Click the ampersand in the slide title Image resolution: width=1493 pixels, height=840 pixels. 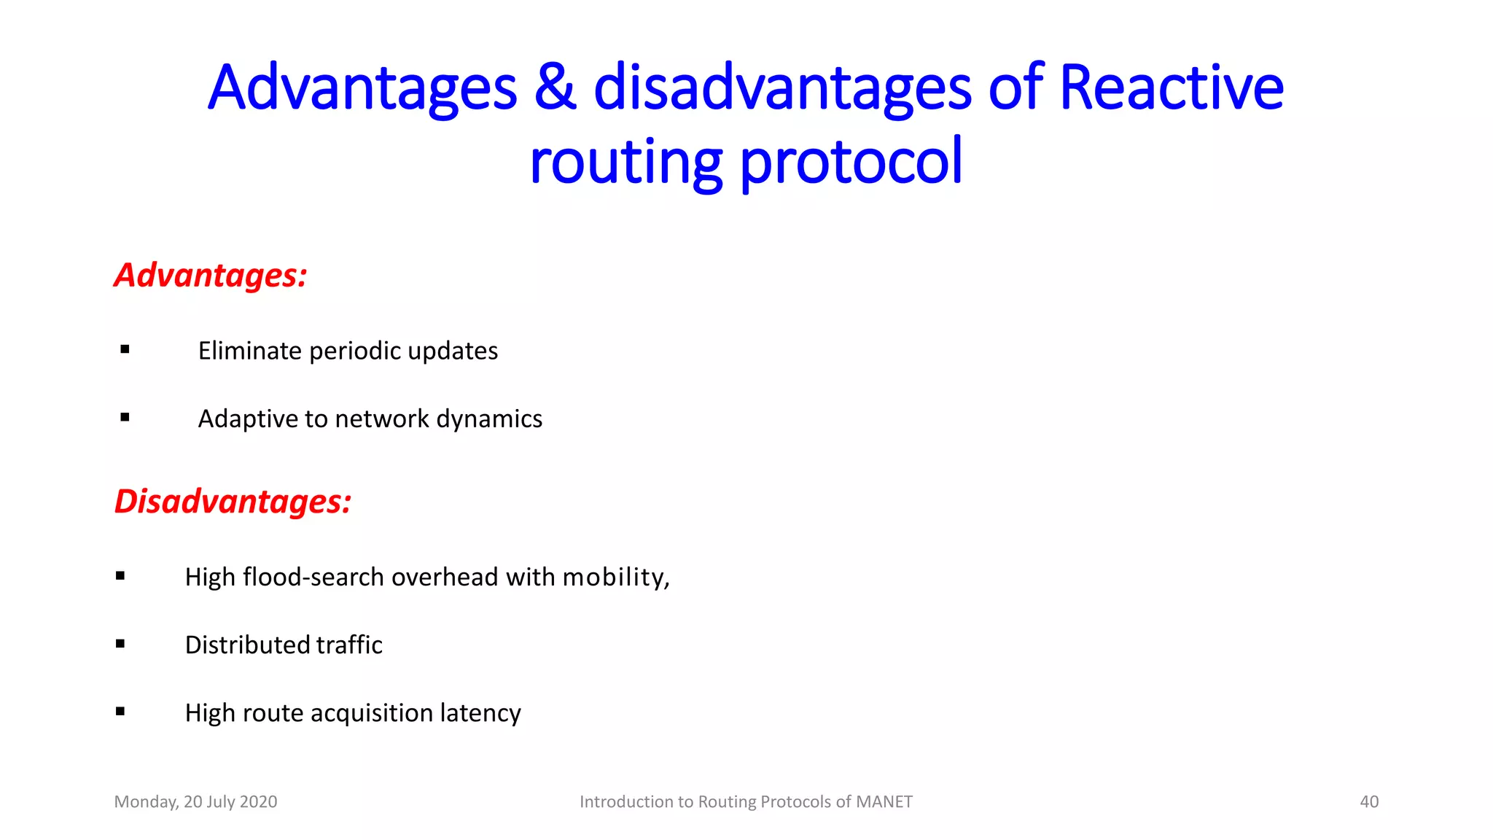click(554, 88)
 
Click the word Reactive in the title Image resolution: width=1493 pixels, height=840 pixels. click(1171, 88)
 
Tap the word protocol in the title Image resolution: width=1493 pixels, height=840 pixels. click(851, 162)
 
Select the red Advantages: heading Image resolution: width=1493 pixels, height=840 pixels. click(211, 276)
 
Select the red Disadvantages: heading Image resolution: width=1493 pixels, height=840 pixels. click(233, 502)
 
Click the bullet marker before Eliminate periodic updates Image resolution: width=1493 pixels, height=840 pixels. click(125, 350)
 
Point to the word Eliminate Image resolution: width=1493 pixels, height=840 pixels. click(249, 351)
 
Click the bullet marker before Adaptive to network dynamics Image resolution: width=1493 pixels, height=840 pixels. click(125, 418)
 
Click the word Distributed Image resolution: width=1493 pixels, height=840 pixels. click(248, 645)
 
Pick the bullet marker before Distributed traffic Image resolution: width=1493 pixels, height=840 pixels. click(120, 644)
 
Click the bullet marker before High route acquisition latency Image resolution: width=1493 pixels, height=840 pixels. click(120, 712)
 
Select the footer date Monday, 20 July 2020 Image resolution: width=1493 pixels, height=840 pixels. click(195, 802)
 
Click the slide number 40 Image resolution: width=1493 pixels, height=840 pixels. click(1369, 802)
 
